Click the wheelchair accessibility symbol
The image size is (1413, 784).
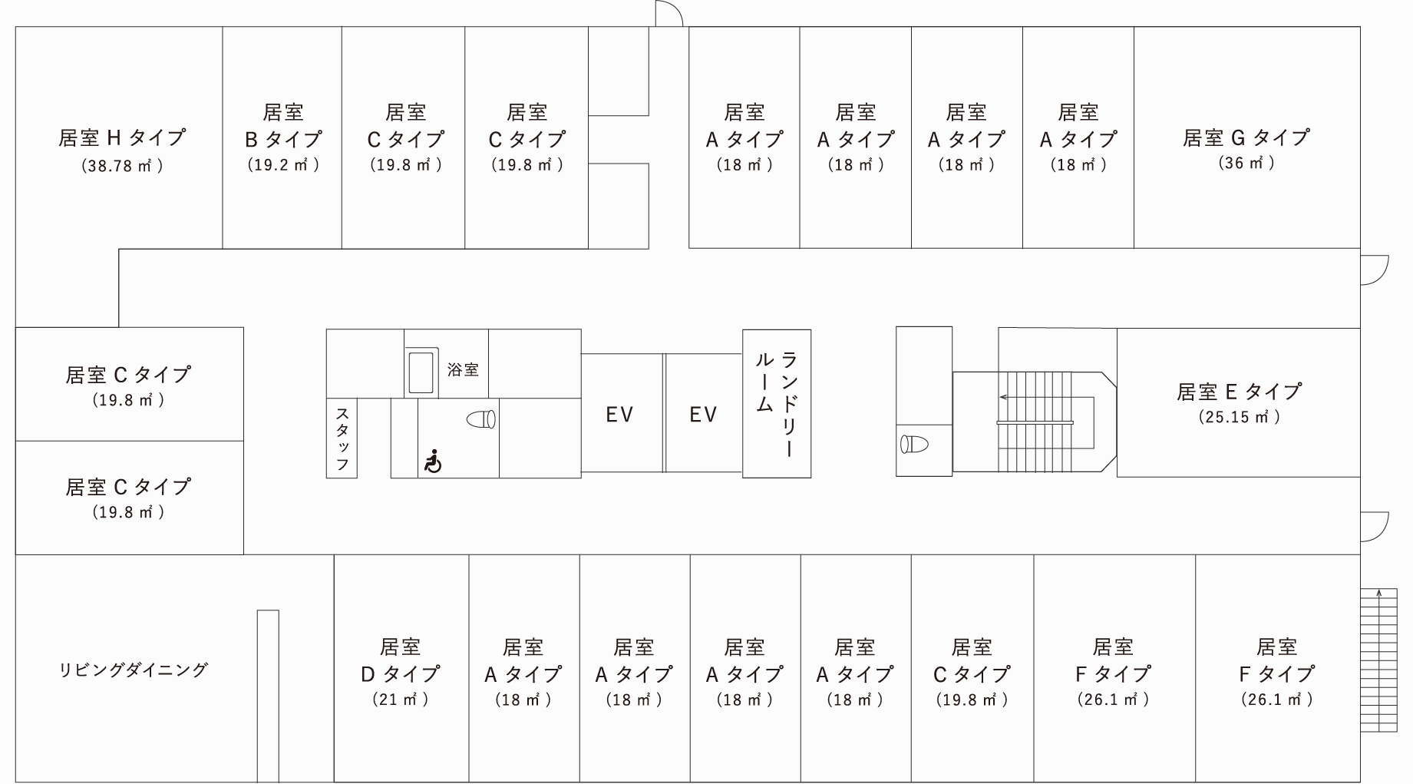click(433, 461)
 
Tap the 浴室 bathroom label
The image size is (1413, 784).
click(463, 369)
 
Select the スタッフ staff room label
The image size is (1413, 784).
click(342, 438)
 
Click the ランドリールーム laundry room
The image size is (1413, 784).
click(777, 404)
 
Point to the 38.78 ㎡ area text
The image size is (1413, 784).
click(122, 165)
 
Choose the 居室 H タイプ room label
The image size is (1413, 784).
click(122, 137)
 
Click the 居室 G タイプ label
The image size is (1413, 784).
click(1246, 137)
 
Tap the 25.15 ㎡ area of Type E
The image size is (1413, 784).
click(1239, 417)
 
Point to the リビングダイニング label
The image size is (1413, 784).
click(134, 670)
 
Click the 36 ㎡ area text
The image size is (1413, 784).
click(1246, 163)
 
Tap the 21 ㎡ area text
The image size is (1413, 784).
click(401, 700)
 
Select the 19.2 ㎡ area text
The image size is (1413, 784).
click(283, 164)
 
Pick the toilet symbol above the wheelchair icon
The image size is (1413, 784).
click(482, 419)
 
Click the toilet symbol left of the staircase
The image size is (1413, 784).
click(914, 444)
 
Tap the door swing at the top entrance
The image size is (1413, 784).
click(668, 14)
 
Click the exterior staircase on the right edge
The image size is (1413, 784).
click(1379, 660)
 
